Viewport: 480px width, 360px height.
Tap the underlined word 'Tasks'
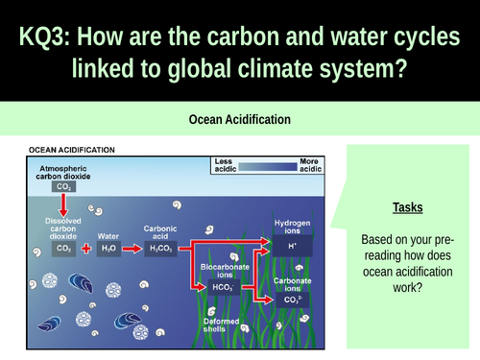(x=407, y=207)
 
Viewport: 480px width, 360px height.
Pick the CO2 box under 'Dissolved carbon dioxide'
(x=64, y=248)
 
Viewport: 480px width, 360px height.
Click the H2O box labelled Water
(x=108, y=248)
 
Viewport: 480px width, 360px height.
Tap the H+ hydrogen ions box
(x=293, y=246)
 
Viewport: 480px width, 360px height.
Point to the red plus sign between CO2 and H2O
(x=86, y=248)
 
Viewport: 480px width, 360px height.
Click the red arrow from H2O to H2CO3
(x=132, y=248)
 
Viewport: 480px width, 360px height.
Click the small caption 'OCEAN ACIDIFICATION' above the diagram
(x=73, y=150)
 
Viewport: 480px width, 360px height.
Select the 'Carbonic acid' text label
(x=159, y=231)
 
